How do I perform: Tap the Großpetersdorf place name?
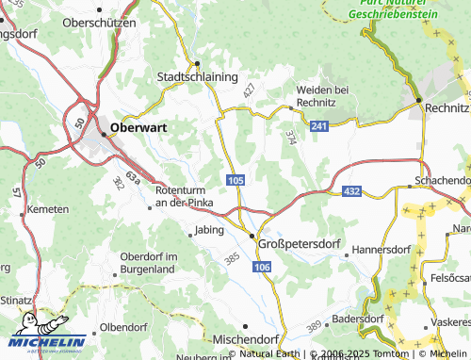[298, 242]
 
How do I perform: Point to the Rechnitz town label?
[447, 108]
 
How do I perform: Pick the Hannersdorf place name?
[382, 252]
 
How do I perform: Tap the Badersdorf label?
[357, 319]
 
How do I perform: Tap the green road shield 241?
[318, 125]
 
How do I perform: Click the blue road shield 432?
[350, 191]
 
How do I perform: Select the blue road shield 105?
[236, 179]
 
